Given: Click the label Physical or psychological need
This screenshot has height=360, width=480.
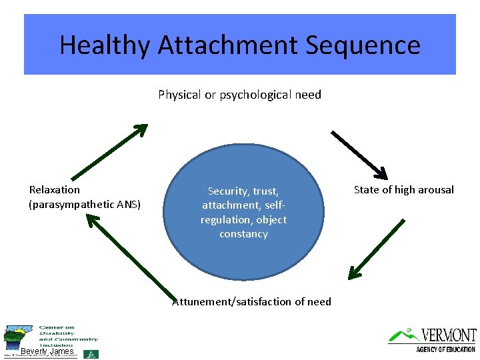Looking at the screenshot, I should (x=239, y=95).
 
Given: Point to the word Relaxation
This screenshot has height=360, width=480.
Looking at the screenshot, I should (x=55, y=190).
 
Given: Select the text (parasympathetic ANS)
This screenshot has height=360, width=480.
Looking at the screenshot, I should (x=85, y=204).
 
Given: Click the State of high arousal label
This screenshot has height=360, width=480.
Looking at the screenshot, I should (x=403, y=190).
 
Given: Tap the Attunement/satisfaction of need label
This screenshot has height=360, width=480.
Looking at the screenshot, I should (x=251, y=302).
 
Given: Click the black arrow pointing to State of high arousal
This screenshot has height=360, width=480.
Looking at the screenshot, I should (x=359, y=155).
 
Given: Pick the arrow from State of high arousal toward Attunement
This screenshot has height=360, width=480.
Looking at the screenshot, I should (x=376, y=249).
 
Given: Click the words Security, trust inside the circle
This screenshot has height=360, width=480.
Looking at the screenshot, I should (x=243, y=191).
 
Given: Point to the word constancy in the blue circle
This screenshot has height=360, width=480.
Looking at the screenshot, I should (x=243, y=234).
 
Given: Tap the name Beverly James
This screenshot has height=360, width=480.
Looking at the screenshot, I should (x=47, y=351).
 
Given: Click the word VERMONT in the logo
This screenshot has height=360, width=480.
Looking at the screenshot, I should (x=449, y=335).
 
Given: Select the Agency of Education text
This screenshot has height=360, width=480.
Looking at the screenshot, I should (x=445, y=349).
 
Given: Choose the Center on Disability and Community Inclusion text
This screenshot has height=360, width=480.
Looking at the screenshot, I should (x=67, y=337).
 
